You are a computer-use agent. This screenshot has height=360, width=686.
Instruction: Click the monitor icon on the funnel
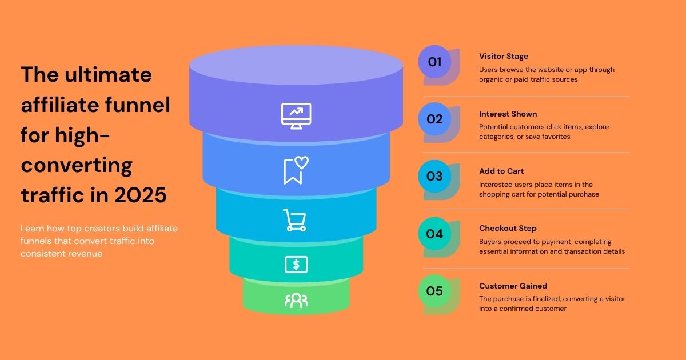pyautogui.click(x=296, y=116)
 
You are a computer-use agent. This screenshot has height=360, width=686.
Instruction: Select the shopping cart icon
pyautogui.click(x=294, y=220)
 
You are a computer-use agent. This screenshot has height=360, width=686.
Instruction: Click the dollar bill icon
pyautogui.click(x=296, y=265)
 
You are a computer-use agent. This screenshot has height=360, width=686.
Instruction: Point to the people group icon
pyautogui.click(x=296, y=301)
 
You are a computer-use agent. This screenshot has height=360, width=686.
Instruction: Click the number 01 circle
pyautogui.click(x=434, y=62)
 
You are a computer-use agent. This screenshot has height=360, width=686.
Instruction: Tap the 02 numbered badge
pyautogui.click(x=434, y=119)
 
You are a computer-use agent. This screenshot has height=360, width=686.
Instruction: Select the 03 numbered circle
pyautogui.click(x=434, y=177)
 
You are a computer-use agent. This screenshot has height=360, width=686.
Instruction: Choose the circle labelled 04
pyautogui.click(x=434, y=234)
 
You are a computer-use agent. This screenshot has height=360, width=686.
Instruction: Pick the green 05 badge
pyautogui.click(x=434, y=291)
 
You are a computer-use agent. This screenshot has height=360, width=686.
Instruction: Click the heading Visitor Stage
pyautogui.click(x=504, y=57)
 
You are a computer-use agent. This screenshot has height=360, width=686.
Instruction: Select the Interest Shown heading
pyautogui.click(x=508, y=114)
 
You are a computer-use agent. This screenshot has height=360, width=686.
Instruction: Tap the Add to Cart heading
pyautogui.click(x=501, y=171)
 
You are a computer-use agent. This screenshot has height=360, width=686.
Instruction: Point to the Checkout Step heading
pyautogui.click(x=508, y=229)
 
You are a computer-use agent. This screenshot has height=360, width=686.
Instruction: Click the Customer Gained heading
pyautogui.click(x=513, y=286)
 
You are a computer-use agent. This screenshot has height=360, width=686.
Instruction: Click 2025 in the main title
pyautogui.click(x=141, y=195)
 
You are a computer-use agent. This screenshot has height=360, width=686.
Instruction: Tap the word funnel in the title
pyautogui.click(x=138, y=105)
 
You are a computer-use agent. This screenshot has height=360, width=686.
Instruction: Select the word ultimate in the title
pyautogui.click(x=108, y=75)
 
